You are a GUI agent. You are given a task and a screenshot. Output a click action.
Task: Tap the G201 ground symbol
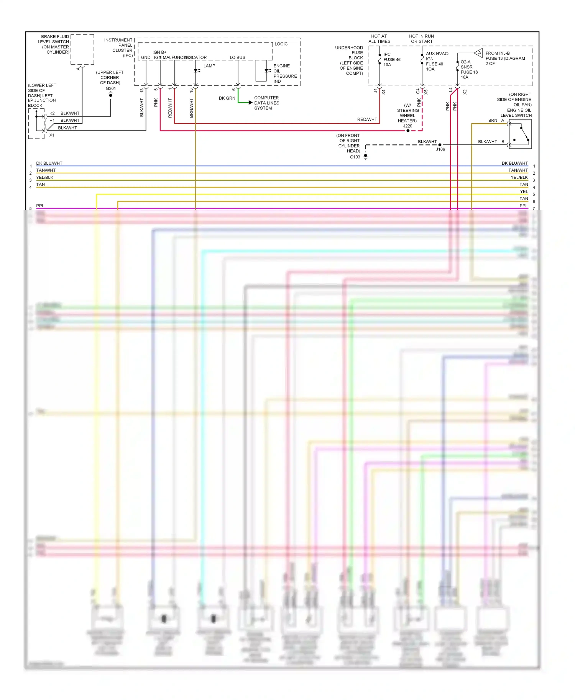tap(110, 95)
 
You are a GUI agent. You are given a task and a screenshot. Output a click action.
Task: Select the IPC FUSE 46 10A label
tap(391, 60)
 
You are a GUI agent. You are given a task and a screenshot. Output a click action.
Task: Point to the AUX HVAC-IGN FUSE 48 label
tap(437, 61)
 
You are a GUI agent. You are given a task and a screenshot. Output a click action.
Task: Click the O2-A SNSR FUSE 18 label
tap(469, 69)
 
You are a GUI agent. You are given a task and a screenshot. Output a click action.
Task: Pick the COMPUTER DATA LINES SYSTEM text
tap(266, 103)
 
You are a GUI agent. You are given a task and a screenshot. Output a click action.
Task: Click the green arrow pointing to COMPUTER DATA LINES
tap(250, 103)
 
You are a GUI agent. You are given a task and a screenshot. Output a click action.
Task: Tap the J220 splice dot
tap(408, 131)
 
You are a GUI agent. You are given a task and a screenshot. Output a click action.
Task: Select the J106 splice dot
tap(440, 145)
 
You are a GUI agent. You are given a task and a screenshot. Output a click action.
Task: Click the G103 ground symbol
tap(366, 157)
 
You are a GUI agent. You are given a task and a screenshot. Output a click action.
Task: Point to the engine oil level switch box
tap(520, 134)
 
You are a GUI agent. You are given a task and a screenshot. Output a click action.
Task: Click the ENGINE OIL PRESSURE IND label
tap(284, 74)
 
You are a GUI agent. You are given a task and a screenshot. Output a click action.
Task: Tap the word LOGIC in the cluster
tap(281, 44)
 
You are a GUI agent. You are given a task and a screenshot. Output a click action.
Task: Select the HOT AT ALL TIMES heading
tap(379, 39)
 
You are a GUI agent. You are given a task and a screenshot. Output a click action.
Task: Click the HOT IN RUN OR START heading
tap(421, 39)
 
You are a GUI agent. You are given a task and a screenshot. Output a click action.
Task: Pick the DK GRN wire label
tap(227, 98)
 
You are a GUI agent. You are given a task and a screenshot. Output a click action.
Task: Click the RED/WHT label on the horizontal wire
tap(367, 119)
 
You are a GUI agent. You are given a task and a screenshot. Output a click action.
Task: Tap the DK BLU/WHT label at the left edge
tap(49, 163)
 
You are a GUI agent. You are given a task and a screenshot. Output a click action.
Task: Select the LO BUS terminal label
tap(237, 57)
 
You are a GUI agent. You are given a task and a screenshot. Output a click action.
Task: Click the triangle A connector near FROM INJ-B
tap(478, 53)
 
